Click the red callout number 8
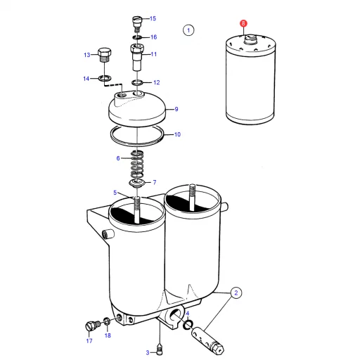pyautogui.click(x=243, y=23)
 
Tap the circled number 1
pyautogui.click(x=188, y=30)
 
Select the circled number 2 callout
pyautogui.click(x=236, y=292)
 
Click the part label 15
pyautogui.click(x=153, y=18)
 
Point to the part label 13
pyautogui.click(x=87, y=55)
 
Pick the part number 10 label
pyautogui.click(x=177, y=134)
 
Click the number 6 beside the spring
pyautogui.click(x=118, y=158)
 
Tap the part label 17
pyautogui.click(x=89, y=341)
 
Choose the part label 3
pyautogui.click(x=148, y=352)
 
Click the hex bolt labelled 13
pyautogui.click(x=104, y=55)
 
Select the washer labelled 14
pyautogui.click(x=105, y=78)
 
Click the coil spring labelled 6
pyautogui.click(x=137, y=165)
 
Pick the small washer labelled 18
pyautogui.click(x=106, y=321)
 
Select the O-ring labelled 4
pyautogui.click(x=188, y=324)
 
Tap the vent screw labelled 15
pyautogui.click(x=137, y=24)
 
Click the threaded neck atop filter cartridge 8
pyautogui.click(x=250, y=39)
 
